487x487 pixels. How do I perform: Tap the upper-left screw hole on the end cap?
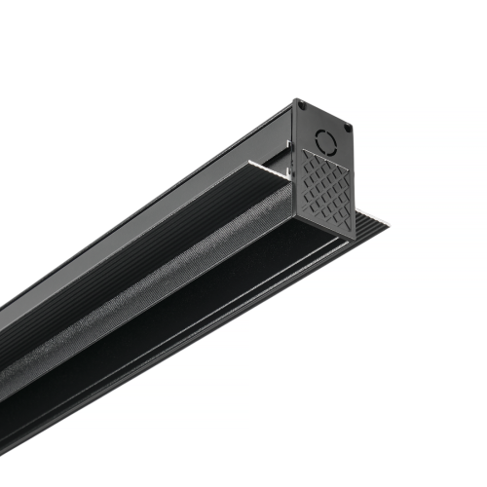[x=301, y=105]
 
